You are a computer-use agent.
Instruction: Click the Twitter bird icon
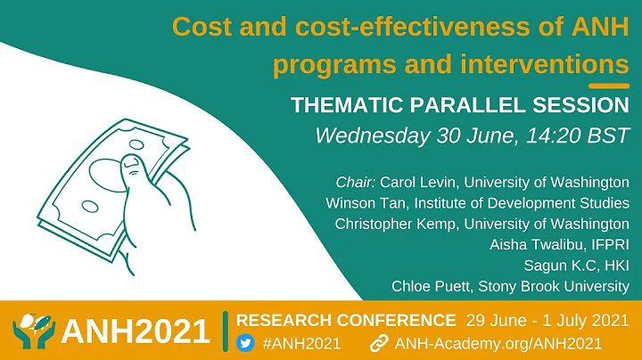click(245, 342)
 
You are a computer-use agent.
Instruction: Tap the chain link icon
click(379, 342)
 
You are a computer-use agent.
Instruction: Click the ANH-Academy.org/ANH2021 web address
click(499, 342)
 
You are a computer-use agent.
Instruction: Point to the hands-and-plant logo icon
click(33, 331)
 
